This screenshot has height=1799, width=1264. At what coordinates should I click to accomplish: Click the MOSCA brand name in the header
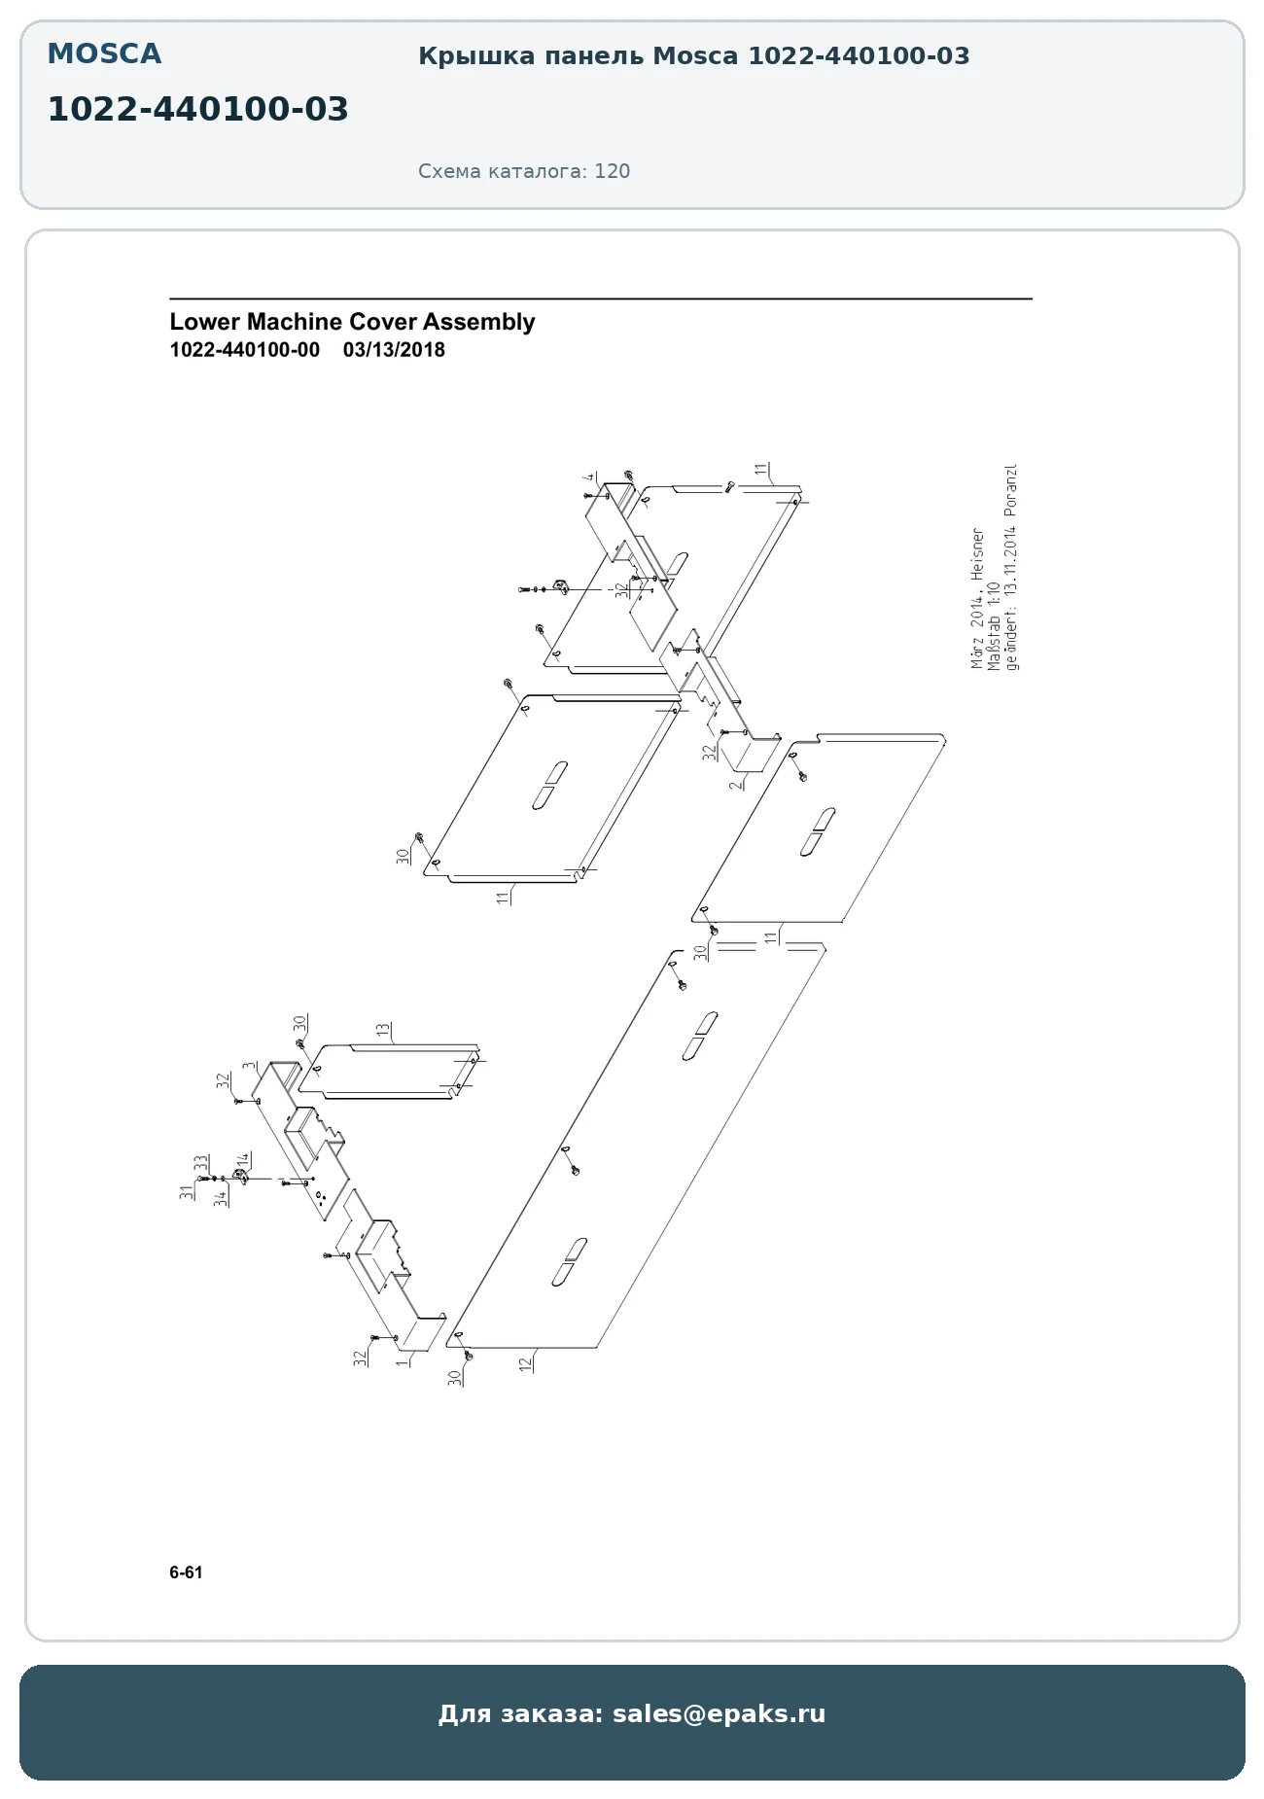coord(104,54)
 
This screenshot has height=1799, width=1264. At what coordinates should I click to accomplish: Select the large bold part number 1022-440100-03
coord(197,110)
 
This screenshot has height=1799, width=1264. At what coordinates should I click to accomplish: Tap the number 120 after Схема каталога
coord(613,171)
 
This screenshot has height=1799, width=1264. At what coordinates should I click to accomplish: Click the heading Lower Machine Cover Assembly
coord(352,322)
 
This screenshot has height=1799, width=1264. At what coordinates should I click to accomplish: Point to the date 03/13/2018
coord(394,350)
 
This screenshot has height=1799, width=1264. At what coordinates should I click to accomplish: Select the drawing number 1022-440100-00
coord(244,350)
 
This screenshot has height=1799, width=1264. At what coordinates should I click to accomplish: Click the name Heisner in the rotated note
coord(978,553)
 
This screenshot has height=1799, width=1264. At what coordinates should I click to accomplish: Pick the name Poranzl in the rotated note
coord(1011,489)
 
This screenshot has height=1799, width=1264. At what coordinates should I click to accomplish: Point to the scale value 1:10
coord(994,594)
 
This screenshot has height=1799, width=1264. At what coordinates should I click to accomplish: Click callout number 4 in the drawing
coord(588,477)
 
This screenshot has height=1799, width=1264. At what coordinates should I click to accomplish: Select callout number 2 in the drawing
coord(736,784)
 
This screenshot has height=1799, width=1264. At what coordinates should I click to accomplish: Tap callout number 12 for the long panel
coord(526,1363)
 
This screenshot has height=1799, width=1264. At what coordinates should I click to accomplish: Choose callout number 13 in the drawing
coord(383,1029)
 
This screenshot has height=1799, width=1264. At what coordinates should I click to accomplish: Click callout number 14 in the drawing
coord(243,1160)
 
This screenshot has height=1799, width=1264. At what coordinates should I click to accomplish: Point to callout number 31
coord(186,1191)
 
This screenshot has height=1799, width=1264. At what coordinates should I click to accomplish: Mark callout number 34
coord(221,1198)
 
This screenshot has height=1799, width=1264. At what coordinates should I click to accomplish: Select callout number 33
coord(200,1163)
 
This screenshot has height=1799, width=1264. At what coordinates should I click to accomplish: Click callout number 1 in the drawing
coord(400,1363)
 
